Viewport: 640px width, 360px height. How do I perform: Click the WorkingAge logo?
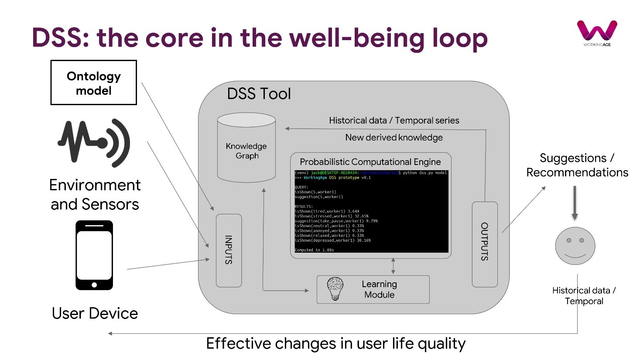tap(597, 32)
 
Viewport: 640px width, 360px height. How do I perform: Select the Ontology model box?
tap(94, 83)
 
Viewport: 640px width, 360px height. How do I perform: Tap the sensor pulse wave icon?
tap(94, 142)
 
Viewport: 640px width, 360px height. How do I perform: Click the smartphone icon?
tap(94, 255)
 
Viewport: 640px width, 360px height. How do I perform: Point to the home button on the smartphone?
tap(94, 285)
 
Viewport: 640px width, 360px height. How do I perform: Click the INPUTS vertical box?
tap(229, 250)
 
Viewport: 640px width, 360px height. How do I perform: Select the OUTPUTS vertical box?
tap(484, 244)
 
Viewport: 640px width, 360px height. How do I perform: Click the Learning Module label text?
tap(379, 289)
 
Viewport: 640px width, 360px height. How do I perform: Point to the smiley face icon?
tap(575, 246)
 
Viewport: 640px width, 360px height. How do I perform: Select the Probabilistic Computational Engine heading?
tap(370, 162)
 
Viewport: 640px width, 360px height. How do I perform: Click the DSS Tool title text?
tap(259, 94)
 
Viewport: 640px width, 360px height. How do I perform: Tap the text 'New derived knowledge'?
tap(394, 137)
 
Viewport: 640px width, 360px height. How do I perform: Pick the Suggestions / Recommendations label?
tap(577, 165)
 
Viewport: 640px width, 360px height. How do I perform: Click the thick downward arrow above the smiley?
tap(575, 203)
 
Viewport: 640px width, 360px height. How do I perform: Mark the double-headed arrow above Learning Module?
tap(393, 266)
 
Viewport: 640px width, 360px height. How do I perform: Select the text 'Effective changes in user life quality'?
tap(335, 343)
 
